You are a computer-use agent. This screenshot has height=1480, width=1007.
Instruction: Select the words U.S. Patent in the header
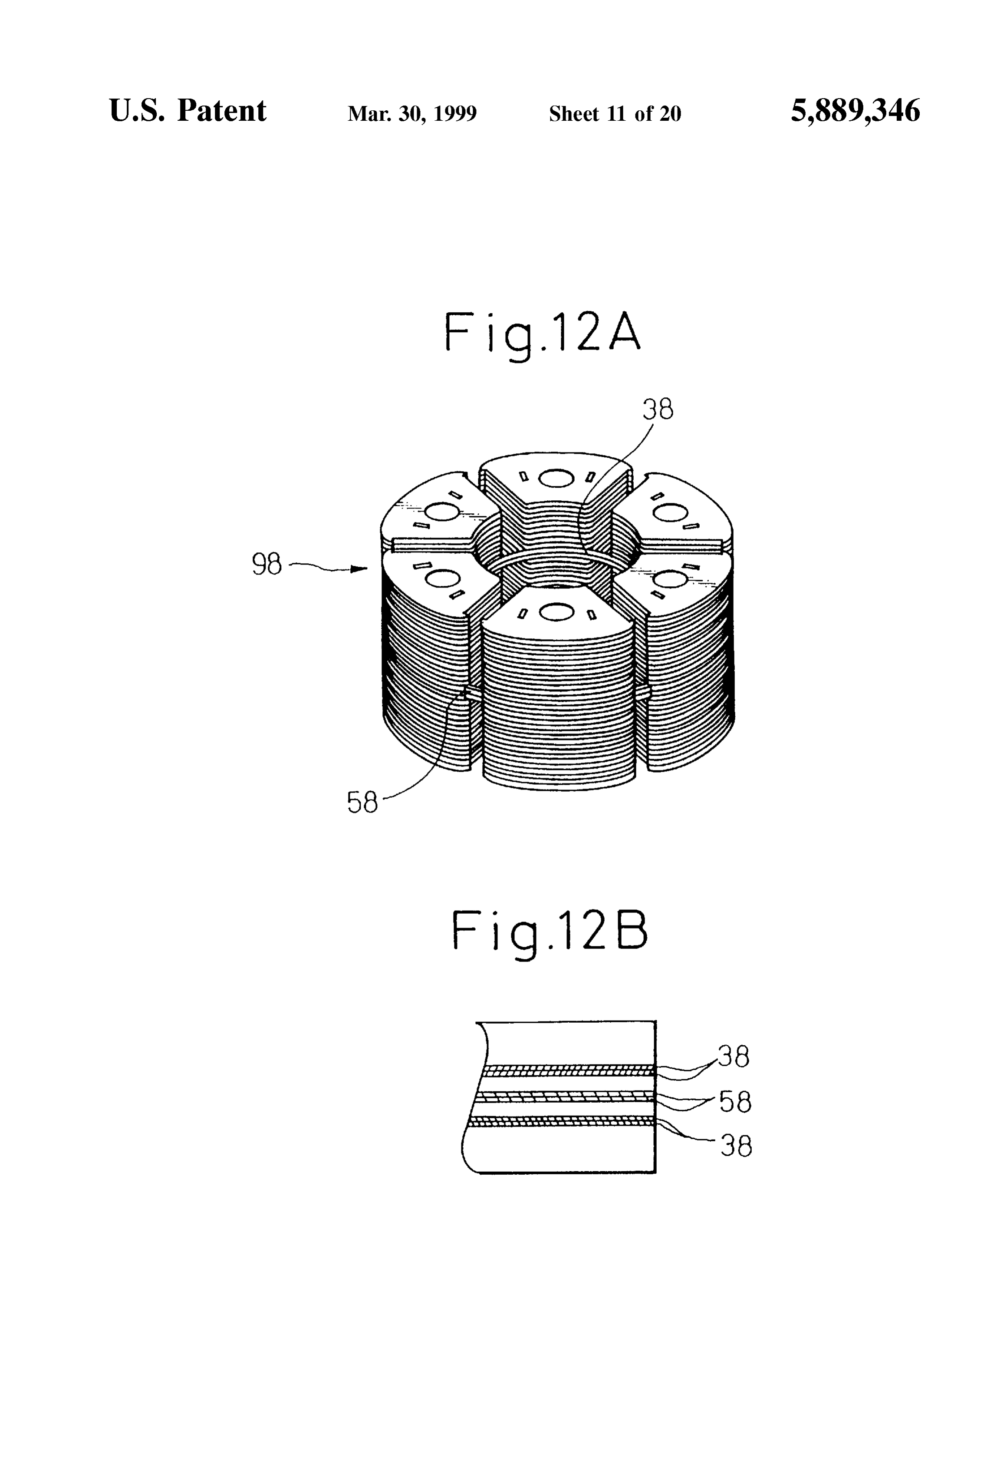pos(188,110)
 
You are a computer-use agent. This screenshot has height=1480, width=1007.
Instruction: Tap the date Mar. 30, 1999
pos(412,114)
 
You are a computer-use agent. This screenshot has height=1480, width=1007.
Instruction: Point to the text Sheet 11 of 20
pos(615,114)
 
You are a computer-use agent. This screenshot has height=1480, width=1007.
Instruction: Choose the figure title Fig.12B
pos(550,933)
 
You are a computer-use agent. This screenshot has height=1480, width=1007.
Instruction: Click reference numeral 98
pos(267,564)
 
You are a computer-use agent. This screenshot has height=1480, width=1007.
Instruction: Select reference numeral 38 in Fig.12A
pos(658,410)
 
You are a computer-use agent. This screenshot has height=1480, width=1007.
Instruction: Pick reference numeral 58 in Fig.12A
pos(362,803)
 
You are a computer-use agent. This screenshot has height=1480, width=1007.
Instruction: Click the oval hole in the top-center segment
pos(556,478)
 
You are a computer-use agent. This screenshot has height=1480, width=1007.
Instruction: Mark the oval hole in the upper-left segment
pos(440,511)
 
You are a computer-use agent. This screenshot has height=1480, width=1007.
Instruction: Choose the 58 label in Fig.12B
pos(736,1102)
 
